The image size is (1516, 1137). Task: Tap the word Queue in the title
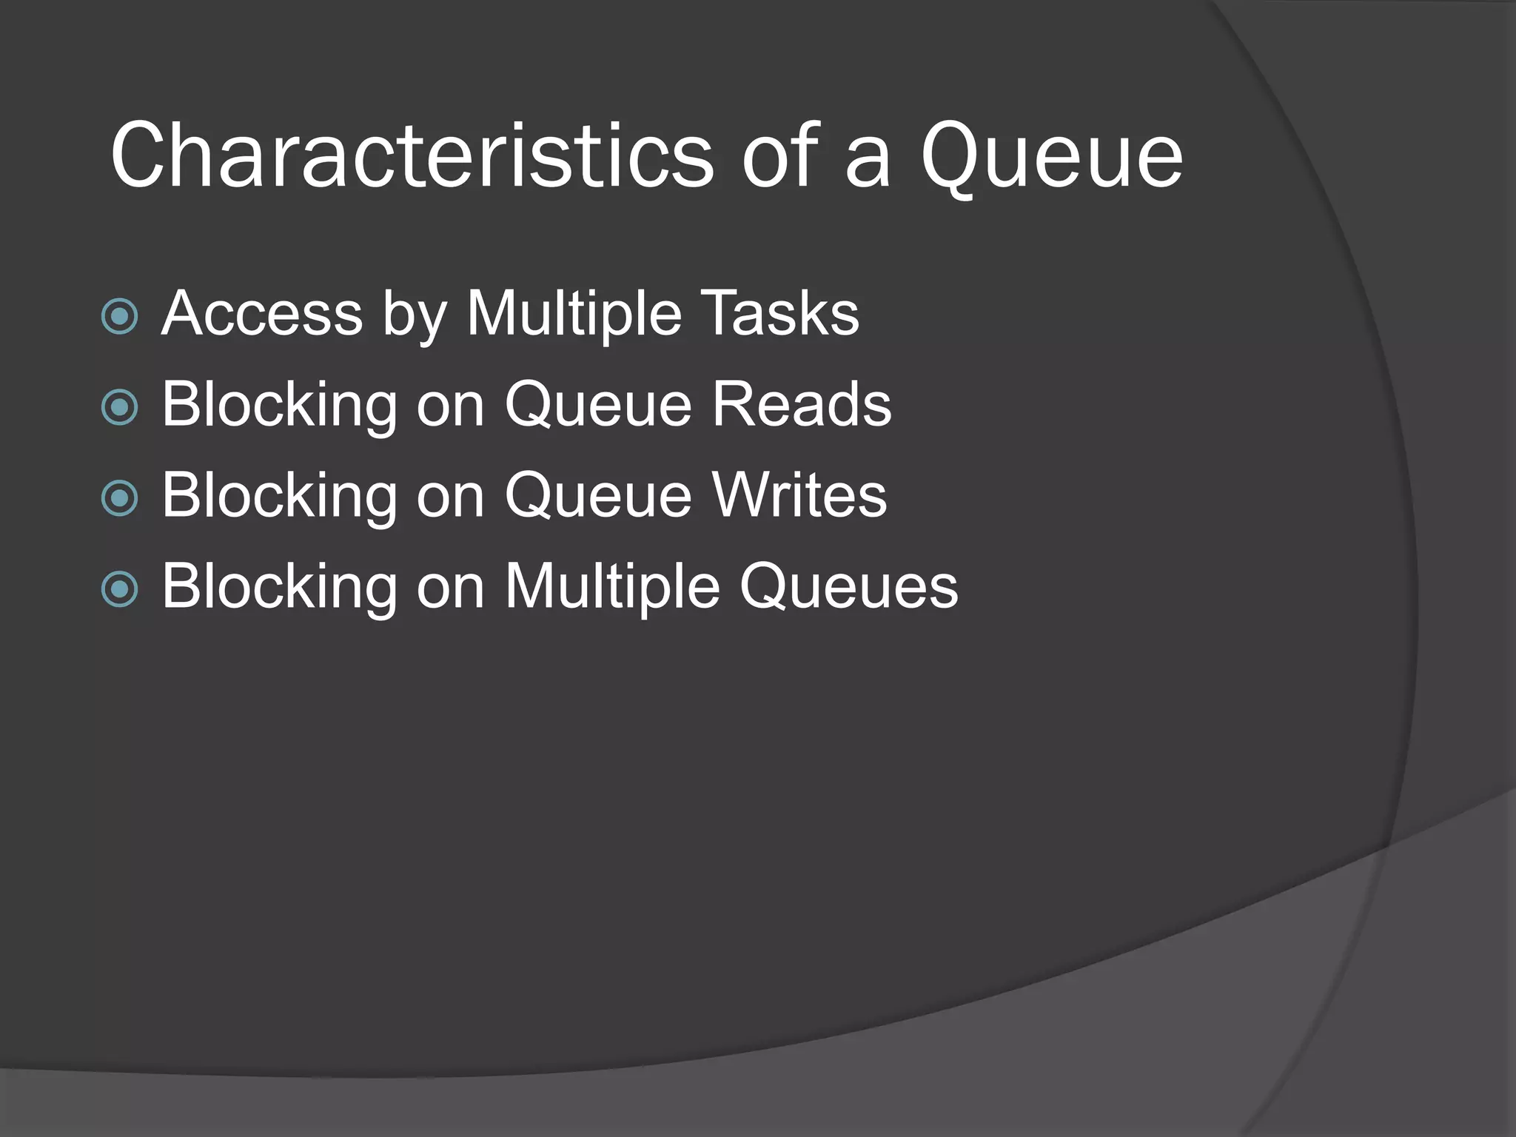[x=1051, y=156]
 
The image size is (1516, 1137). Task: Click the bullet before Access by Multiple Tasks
[x=120, y=316]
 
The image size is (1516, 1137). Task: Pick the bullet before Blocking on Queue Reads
[x=120, y=407]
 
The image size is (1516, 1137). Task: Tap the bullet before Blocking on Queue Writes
[x=120, y=498]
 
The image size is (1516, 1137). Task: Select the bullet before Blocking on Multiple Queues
[x=120, y=589]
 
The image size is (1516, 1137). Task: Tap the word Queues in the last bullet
[x=848, y=586]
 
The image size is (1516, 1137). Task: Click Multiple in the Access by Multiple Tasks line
[x=573, y=314]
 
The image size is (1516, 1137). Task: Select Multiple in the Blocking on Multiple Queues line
[x=612, y=586]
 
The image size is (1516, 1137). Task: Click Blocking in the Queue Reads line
[x=280, y=404]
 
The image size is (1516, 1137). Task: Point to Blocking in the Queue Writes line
[x=280, y=495]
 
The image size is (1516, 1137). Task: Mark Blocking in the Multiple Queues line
[x=280, y=586]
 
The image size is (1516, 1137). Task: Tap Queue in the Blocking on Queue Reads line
[x=598, y=404]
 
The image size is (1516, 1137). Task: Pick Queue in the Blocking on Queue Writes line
[x=598, y=495]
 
